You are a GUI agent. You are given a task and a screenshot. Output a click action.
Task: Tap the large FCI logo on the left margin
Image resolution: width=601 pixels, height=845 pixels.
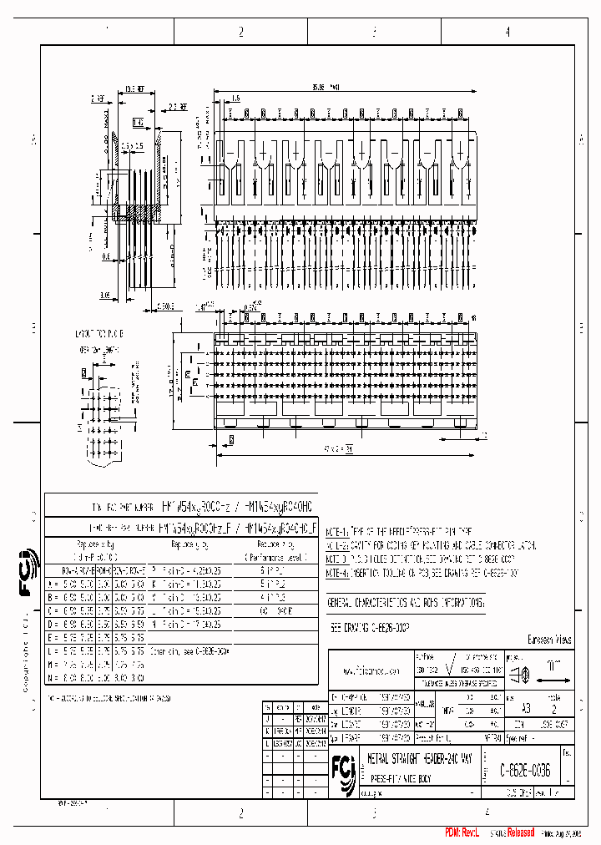(x=26, y=577)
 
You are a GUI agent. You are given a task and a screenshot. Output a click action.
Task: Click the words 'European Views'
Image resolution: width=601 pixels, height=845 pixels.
(x=549, y=640)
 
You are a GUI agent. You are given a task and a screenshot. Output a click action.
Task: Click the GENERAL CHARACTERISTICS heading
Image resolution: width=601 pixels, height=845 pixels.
(x=405, y=601)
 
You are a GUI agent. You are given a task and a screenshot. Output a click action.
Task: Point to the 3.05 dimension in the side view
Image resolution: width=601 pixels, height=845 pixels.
(x=104, y=295)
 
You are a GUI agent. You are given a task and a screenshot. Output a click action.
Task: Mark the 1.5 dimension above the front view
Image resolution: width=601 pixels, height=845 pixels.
(x=235, y=99)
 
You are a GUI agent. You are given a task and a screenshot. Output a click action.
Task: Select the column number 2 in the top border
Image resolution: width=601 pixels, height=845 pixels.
(x=240, y=32)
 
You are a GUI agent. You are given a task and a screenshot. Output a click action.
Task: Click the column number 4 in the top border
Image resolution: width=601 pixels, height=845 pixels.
(x=508, y=32)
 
